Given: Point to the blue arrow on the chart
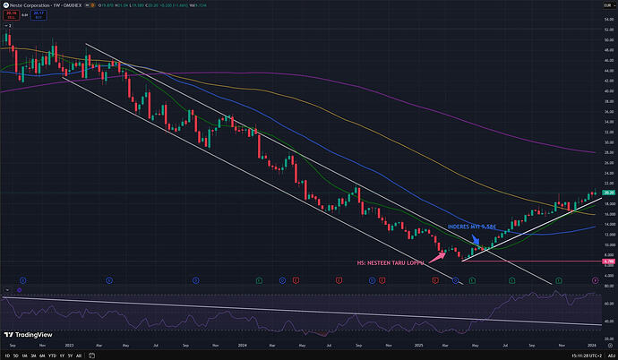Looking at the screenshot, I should (x=476, y=237).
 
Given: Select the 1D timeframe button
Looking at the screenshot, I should (x=6, y=356).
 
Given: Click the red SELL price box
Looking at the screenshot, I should (x=10, y=14).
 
